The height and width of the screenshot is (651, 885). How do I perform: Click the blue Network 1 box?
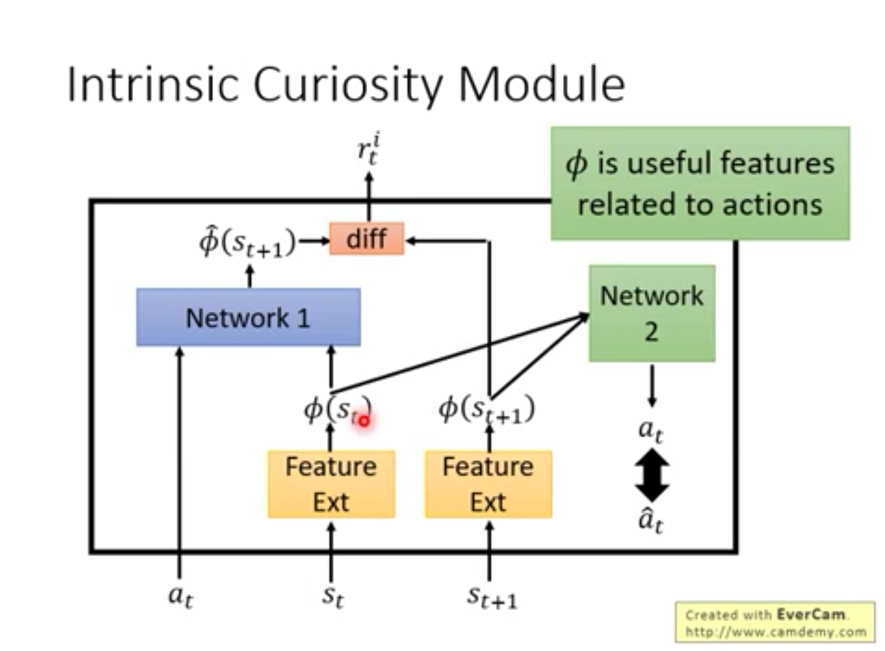248,317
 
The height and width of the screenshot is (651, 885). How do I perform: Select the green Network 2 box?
652,313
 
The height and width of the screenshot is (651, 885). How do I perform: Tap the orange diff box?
367,238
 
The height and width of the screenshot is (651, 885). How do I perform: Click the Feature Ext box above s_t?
331,484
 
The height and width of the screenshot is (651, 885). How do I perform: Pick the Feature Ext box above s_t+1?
488,484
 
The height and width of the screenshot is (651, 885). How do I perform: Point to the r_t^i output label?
368,150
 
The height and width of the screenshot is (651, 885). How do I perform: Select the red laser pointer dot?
364,421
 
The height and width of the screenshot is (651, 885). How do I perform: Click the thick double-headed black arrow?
652,475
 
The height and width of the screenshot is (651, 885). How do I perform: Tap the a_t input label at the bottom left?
180,596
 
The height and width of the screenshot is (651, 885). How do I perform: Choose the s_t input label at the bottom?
333,596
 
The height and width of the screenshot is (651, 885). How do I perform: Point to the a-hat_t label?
651,520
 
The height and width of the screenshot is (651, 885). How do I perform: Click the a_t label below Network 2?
651,430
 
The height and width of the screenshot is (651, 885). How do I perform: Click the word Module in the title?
541,84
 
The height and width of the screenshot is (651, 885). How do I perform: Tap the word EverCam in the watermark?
811,614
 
